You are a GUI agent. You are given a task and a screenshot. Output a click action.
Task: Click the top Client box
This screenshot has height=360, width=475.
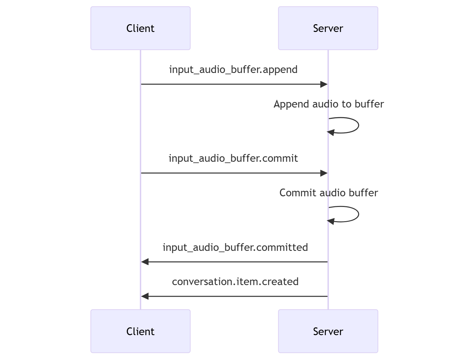(140, 28)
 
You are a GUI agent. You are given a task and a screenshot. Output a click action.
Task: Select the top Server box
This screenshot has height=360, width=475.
(328, 28)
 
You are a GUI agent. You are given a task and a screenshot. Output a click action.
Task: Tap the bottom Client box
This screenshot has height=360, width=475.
(140, 331)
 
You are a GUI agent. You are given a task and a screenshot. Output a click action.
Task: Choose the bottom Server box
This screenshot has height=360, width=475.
(328, 331)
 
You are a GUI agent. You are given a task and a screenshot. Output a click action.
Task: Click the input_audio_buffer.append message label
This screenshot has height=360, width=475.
(233, 69)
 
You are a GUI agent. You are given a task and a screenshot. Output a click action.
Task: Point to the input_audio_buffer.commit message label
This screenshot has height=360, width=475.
(233, 158)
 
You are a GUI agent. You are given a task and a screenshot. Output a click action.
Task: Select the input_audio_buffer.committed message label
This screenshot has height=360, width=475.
(235, 247)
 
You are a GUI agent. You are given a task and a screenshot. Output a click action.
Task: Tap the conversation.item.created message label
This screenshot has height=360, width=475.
(235, 282)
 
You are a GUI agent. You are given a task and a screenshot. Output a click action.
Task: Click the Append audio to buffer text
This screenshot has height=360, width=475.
(329, 104)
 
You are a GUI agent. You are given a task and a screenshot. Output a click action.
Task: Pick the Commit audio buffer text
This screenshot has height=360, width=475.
(328, 193)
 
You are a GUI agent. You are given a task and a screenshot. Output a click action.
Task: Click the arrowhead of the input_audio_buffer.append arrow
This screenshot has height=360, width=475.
(324, 84)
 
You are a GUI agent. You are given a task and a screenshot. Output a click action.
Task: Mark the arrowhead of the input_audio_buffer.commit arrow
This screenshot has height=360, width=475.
(324, 173)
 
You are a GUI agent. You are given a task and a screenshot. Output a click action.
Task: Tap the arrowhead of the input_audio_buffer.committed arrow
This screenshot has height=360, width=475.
(145, 262)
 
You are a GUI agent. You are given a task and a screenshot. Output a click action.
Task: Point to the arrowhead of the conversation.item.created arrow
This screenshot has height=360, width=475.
(145, 296)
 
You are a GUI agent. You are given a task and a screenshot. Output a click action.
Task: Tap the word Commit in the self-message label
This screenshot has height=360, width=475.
(297, 193)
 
